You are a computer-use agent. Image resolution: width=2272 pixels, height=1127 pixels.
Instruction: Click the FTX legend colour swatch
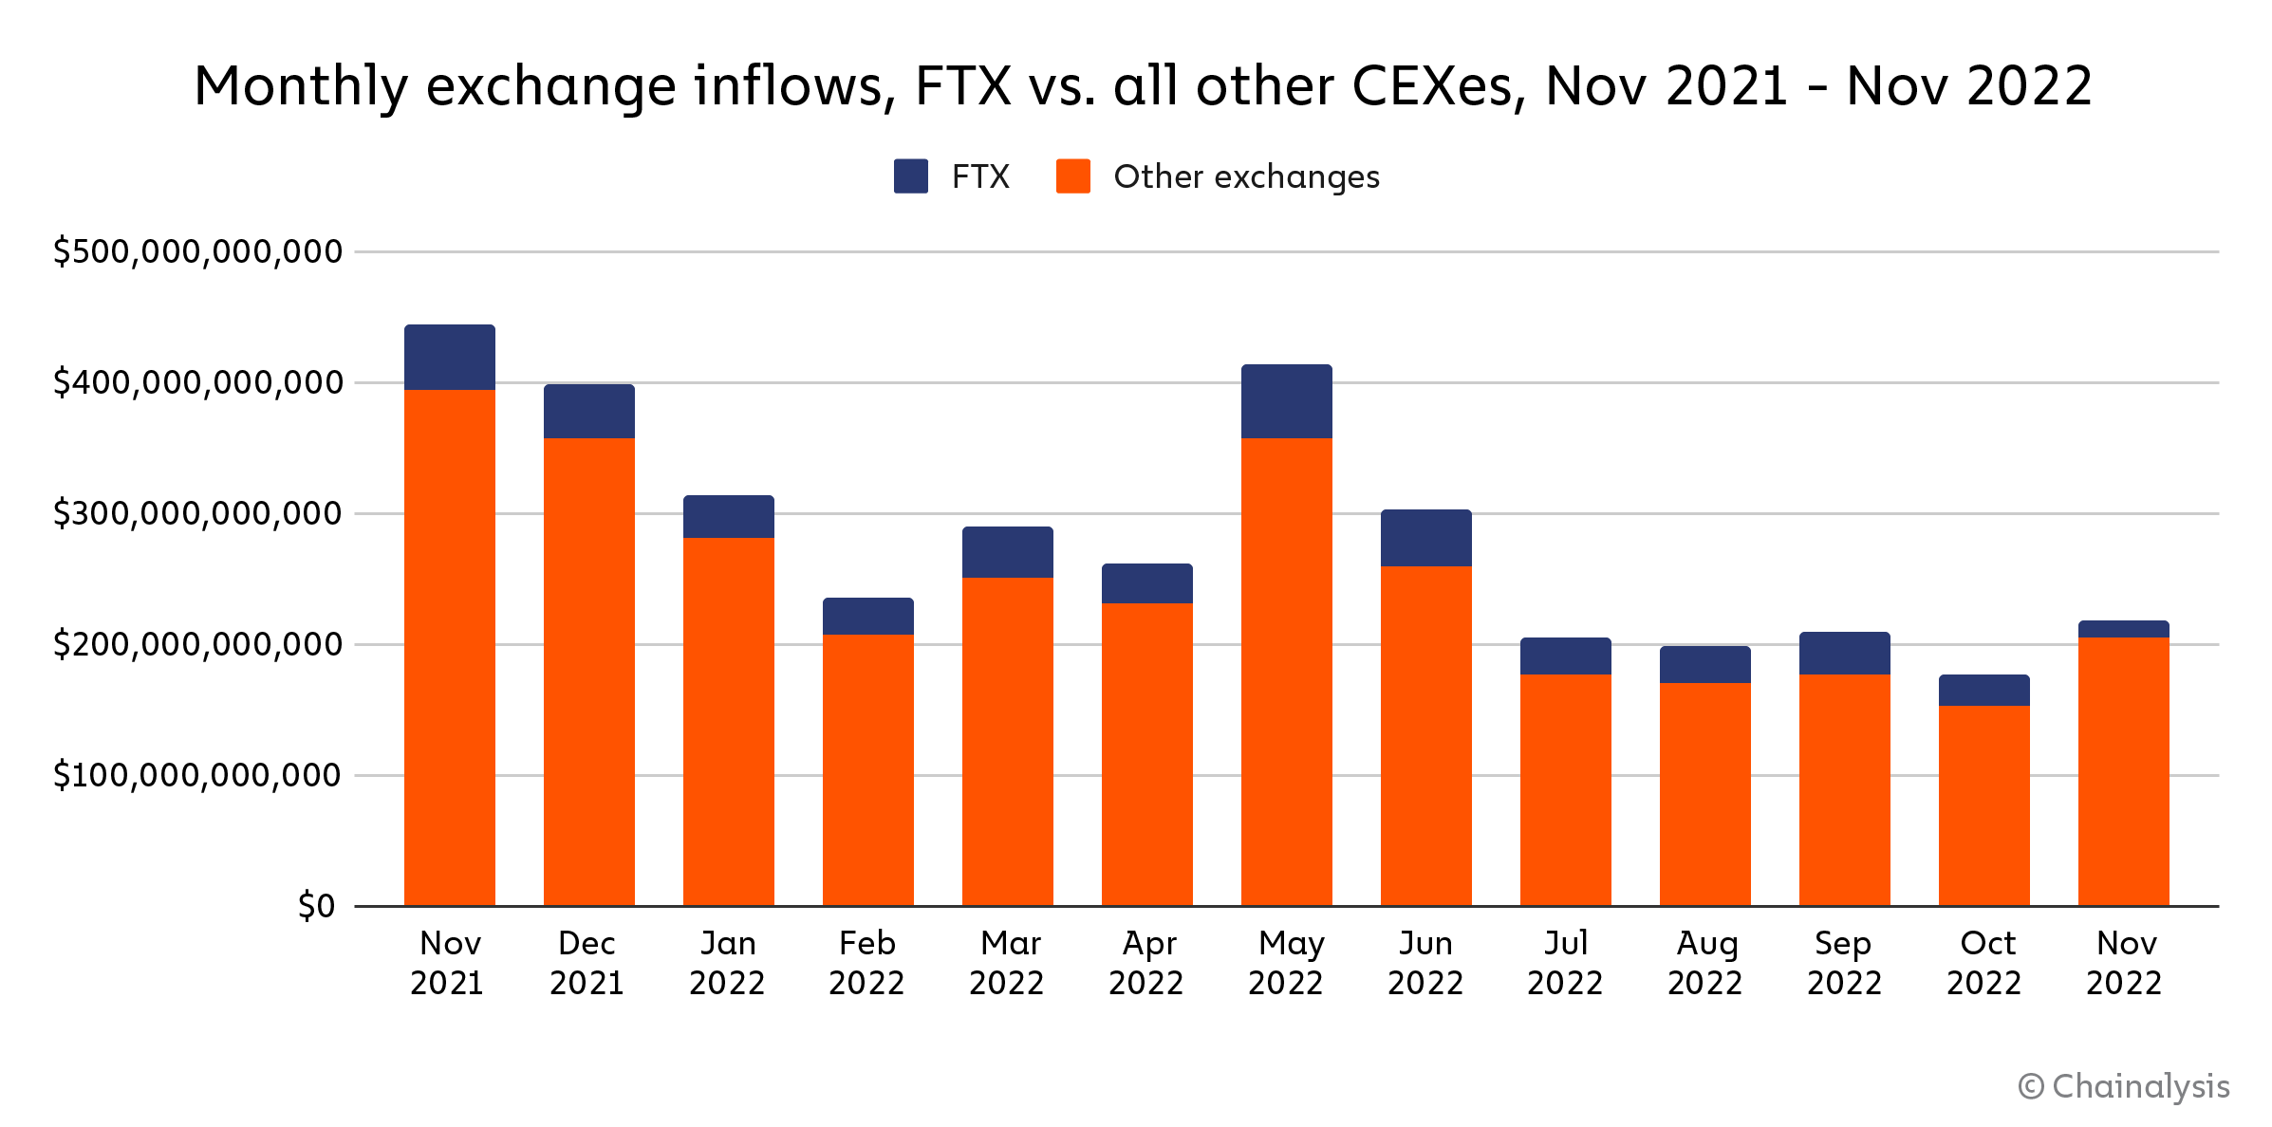click(x=910, y=176)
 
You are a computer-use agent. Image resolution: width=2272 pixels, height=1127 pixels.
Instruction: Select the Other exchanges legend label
click(x=1246, y=177)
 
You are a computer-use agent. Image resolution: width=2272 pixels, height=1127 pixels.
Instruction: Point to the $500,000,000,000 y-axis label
click(x=197, y=251)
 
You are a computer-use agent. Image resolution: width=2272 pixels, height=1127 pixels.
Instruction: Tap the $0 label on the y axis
click(x=316, y=906)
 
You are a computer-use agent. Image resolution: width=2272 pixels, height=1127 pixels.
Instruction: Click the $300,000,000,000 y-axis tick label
click(x=197, y=513)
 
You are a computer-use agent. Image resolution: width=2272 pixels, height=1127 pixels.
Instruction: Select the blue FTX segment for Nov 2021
click(x=450, y=358)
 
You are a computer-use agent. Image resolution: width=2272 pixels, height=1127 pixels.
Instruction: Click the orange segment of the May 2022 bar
click(x=1286, y=672)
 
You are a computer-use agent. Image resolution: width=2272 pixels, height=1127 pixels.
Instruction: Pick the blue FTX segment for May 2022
click(x=1286, y=401)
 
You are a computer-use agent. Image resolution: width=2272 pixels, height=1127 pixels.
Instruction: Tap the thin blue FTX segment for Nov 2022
click(x=2123, y=629)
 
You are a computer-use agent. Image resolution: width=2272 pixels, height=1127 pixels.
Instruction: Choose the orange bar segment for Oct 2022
click(x=1983, y=805)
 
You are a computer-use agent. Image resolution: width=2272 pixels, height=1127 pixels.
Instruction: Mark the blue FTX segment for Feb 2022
click(x=867, y=617)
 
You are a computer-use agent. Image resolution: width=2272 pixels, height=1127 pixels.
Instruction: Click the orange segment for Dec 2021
click(x=588, y=672)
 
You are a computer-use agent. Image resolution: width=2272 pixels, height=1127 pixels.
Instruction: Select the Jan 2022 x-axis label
click(x=728, y=963)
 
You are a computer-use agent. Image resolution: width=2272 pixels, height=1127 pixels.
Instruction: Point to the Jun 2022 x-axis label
click(x=1425, y=963)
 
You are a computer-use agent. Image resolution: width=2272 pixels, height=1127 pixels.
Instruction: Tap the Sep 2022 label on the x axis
click(x=1844, y=963)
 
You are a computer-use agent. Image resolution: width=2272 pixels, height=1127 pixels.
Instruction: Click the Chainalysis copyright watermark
click(x=2124, y=1086)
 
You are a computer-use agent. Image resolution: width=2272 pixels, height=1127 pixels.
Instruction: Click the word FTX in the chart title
click(x=963, y=86)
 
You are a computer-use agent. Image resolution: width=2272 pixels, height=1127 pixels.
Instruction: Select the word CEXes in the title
click(x=1438, y=86)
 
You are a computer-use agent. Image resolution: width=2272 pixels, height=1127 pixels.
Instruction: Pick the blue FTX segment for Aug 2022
click(x=1704, y=665)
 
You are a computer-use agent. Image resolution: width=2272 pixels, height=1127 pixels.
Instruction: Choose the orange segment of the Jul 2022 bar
click(x=1565, y=790)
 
